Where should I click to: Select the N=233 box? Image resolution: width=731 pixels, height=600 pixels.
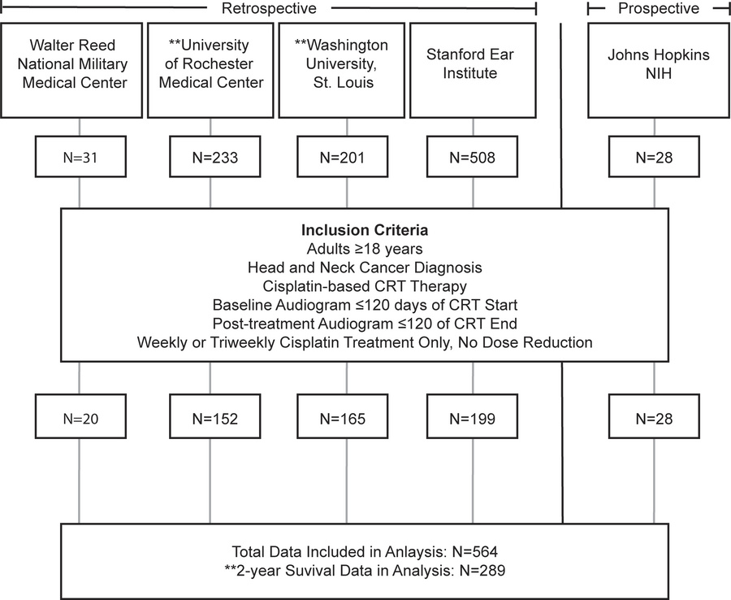(x=210, y=158)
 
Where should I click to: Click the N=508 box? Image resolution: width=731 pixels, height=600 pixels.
(x=472, y=158)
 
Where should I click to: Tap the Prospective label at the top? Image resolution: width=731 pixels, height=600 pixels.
(x=658, y=9)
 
